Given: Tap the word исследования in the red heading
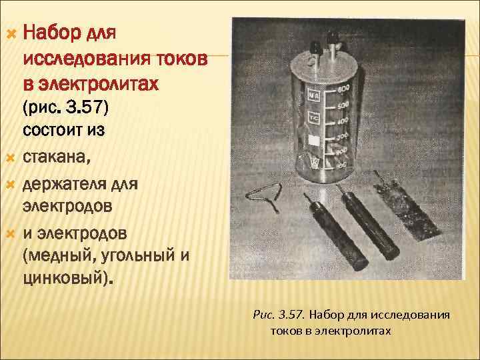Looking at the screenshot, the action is [x=87, y=58].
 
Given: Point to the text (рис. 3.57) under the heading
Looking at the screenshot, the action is [x=65, y=107].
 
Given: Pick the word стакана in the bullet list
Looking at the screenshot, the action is [x=57, y=157].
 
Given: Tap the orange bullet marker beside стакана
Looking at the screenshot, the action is [x=11, y=158].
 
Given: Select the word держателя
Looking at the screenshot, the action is [x=65, y=185].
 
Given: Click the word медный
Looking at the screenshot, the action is [x=57, y=256].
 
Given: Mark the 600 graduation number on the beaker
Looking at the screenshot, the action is [x=343, y=89].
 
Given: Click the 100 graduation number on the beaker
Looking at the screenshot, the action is [x=341, y=165].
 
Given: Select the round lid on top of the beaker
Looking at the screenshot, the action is [x=324, y=66].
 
